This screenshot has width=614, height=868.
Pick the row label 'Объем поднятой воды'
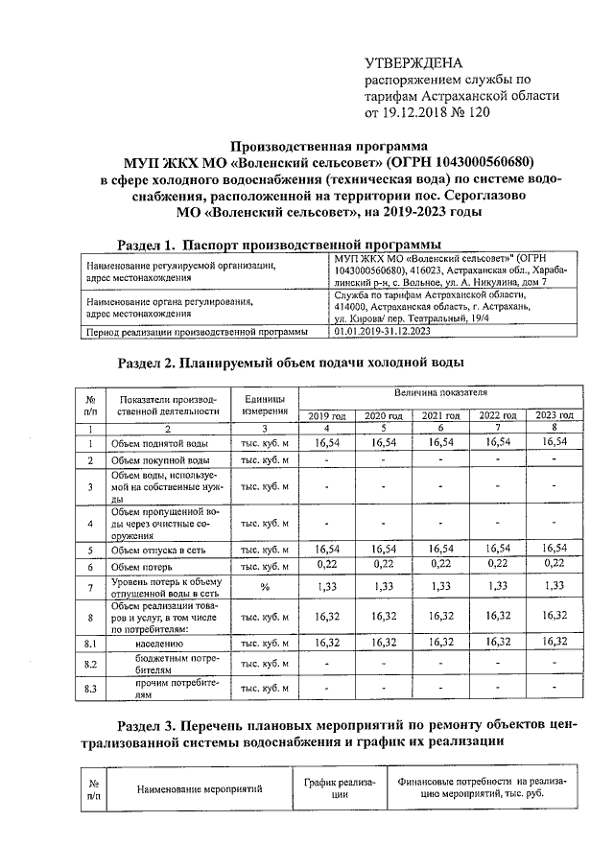tap(158, 443)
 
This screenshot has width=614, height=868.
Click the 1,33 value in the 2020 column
tap(384, 587)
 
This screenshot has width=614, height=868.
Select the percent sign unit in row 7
tap(264, 587)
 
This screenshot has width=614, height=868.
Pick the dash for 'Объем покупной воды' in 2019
tap(327, 460)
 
